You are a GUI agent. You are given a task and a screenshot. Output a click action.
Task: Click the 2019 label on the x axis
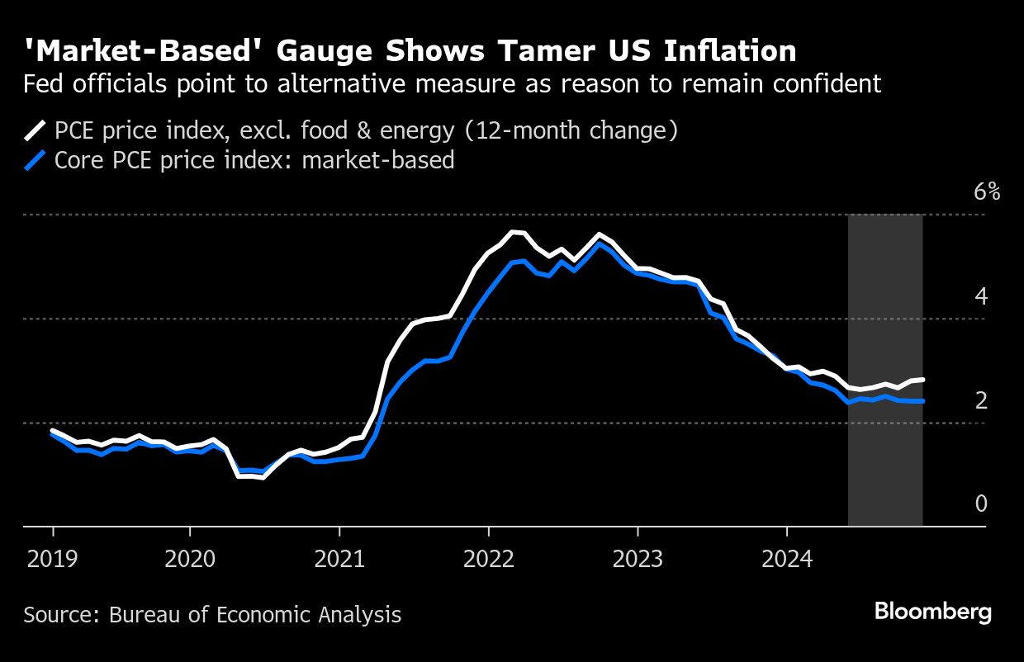(54, 560)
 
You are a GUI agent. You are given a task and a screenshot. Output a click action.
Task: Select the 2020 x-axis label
(190, 560)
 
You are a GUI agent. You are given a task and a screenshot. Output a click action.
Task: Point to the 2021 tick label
(340, 560)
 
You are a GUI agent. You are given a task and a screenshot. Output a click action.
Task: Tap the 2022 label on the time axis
(489, 560)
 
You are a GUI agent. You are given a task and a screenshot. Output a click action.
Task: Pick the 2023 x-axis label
(638, 560)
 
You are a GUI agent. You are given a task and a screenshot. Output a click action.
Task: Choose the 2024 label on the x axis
(787, 560)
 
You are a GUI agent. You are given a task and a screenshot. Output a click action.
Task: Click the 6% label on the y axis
(987, 192)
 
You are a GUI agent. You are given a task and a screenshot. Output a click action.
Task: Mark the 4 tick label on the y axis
(981, 296)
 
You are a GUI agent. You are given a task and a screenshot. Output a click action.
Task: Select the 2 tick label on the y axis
(981, 400)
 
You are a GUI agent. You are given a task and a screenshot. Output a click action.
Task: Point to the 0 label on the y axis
(981, 504)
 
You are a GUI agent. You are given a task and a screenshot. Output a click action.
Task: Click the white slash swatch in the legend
(36, 130)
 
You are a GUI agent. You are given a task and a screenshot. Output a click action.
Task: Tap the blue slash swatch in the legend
(36, 159)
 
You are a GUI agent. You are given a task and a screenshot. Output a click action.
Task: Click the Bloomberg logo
(932, 612)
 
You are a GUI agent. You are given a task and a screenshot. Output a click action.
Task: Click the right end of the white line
(922, 380)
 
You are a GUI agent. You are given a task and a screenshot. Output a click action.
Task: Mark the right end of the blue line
(922, 401)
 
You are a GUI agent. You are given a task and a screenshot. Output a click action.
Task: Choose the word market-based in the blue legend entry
(378, 159)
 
